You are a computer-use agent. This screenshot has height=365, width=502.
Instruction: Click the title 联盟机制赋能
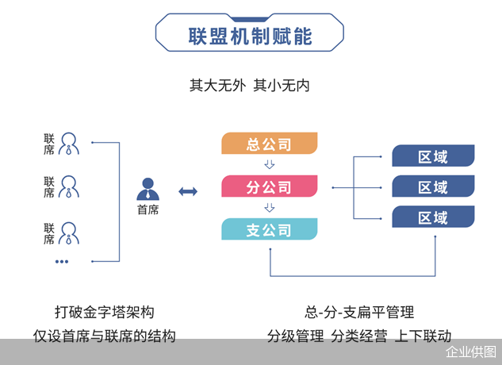point(250,36)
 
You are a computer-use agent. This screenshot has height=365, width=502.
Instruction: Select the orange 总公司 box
point(270,144)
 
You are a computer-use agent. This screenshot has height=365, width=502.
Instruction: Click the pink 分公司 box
point(270,187)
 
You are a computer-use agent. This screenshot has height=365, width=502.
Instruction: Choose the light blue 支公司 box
point(270,230)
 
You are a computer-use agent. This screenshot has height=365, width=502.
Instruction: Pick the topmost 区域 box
point(433,156)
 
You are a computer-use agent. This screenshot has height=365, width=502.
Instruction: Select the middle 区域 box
point(433,186)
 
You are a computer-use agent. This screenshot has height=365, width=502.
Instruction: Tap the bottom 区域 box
point(433,217)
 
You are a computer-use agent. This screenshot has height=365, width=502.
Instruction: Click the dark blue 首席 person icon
point(148,189)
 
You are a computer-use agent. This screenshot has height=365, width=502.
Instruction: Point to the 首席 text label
point(148,210)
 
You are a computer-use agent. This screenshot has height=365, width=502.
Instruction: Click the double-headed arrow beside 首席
point(188,191)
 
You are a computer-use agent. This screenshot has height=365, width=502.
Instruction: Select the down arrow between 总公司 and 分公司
point(270,165)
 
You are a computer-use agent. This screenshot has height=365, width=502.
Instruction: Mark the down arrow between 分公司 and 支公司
point(270,209)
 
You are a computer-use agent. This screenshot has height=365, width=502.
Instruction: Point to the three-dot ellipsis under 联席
point(62,261)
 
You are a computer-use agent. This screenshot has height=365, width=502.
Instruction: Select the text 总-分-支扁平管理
point(359,312)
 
